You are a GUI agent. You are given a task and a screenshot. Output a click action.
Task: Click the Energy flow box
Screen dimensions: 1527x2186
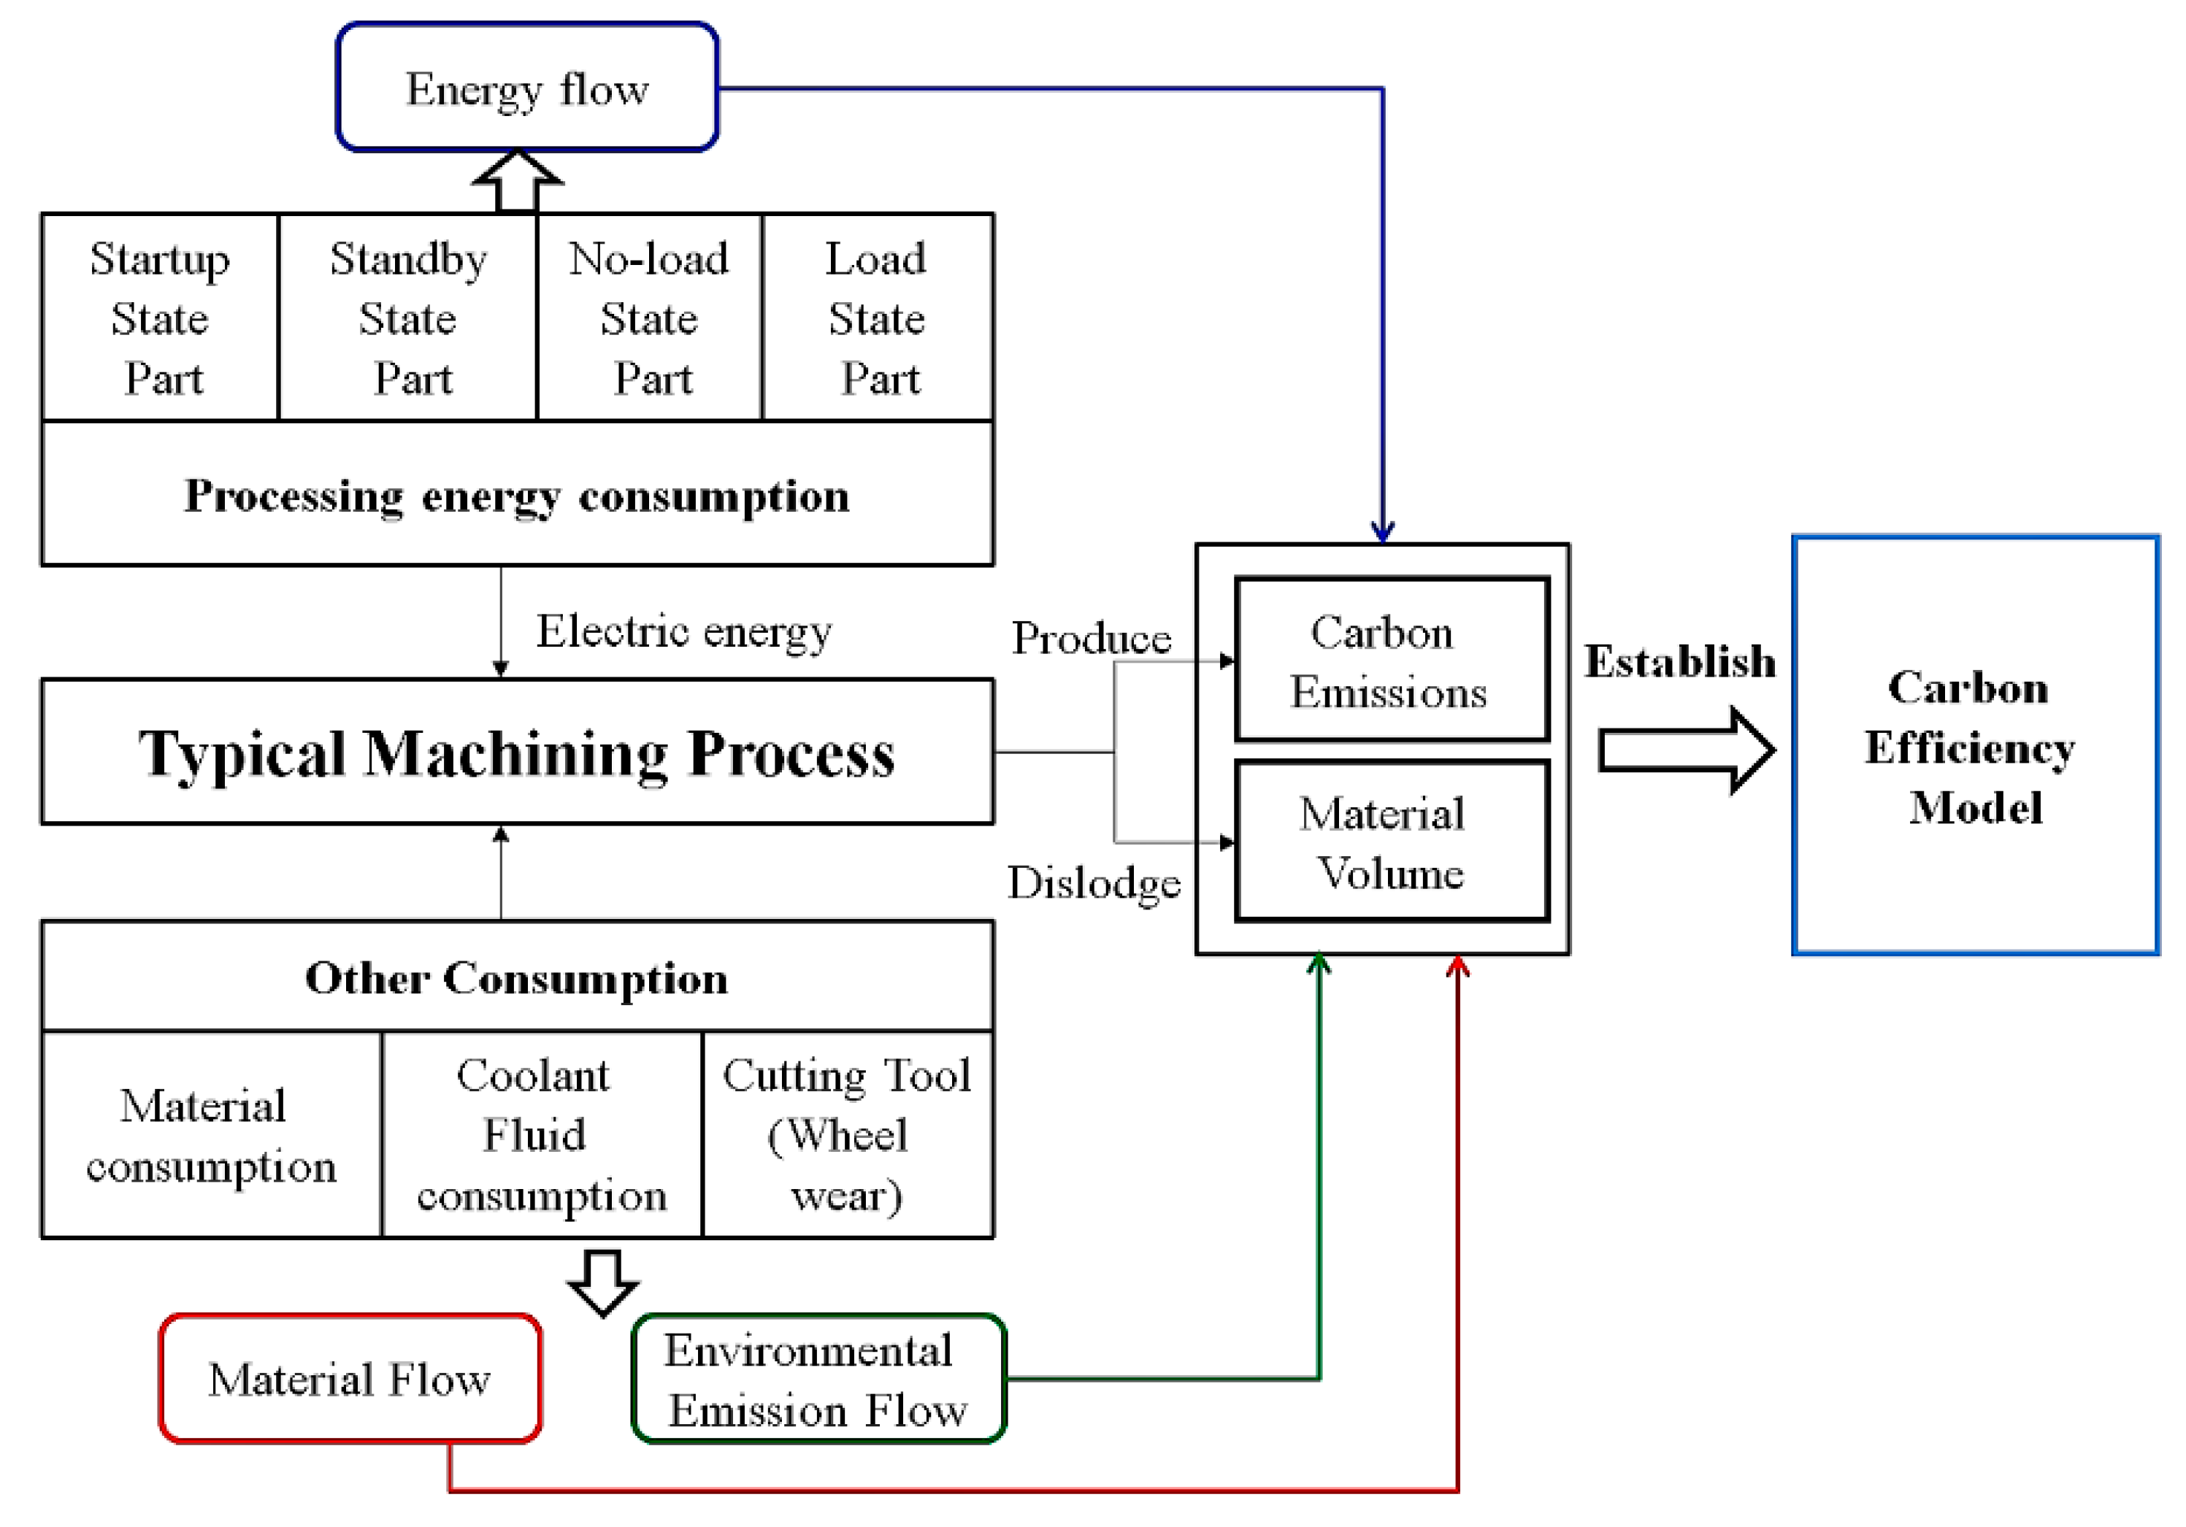[526, 88]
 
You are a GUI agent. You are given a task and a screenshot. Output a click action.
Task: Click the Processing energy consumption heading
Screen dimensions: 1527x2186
[517, 495]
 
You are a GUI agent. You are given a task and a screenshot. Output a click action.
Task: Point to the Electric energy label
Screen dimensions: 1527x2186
[683, 630]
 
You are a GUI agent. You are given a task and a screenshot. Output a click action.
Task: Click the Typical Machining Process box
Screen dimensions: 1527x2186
[517, 752]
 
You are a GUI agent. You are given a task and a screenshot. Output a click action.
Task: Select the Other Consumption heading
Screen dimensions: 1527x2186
[517, 977]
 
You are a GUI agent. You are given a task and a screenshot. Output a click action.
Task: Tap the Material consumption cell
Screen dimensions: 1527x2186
[210, 1135]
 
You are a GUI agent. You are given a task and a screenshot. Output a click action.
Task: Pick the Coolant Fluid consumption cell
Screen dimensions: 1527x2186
[541, 1135]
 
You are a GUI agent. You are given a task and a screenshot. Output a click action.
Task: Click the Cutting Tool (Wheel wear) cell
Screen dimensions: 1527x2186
[846, 1135]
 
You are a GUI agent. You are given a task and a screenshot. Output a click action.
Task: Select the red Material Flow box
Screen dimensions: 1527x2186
[350, 1379]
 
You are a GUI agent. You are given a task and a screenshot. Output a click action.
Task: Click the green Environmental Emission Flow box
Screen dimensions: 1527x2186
[817, 1379]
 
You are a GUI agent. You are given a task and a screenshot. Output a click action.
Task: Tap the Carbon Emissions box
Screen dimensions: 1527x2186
[1390, 660]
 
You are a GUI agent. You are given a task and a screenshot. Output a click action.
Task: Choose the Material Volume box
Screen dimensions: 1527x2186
[1390, 842]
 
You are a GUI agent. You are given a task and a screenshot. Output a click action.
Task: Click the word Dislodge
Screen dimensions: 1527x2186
[1094, 883]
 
